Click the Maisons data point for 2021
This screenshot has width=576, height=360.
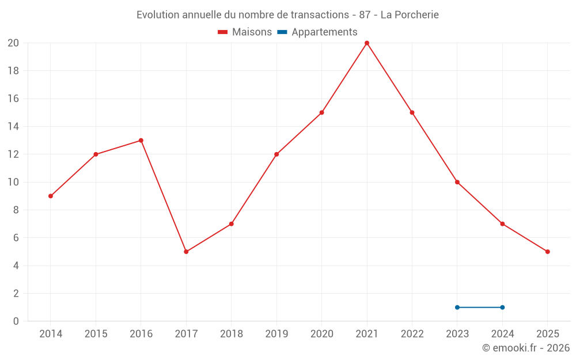[367, 43]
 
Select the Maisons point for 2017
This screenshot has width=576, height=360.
[186, 252]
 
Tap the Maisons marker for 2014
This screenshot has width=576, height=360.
[51, 196]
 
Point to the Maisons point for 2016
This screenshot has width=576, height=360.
[141, 141]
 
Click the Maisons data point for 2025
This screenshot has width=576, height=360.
[547, 252]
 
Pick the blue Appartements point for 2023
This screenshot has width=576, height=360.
[457, 307]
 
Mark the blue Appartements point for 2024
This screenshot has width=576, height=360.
[502, 307]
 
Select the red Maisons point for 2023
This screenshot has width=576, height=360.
[457, 182]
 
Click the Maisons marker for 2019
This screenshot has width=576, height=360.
[276, 154]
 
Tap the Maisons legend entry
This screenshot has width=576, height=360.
[245, 32]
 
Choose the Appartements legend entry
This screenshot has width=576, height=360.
[317, 32]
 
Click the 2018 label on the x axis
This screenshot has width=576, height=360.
[231, 334]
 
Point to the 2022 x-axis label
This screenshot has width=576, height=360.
[412, 334]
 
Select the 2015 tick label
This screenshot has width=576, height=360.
[96, 334]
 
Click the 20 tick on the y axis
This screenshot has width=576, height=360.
[13, 43]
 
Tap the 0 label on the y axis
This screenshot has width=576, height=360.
[16, 321]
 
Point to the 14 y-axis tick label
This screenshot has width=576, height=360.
[13, 127]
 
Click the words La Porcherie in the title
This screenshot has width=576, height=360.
[410, 15]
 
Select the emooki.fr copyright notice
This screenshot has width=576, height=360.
[526, 348]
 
